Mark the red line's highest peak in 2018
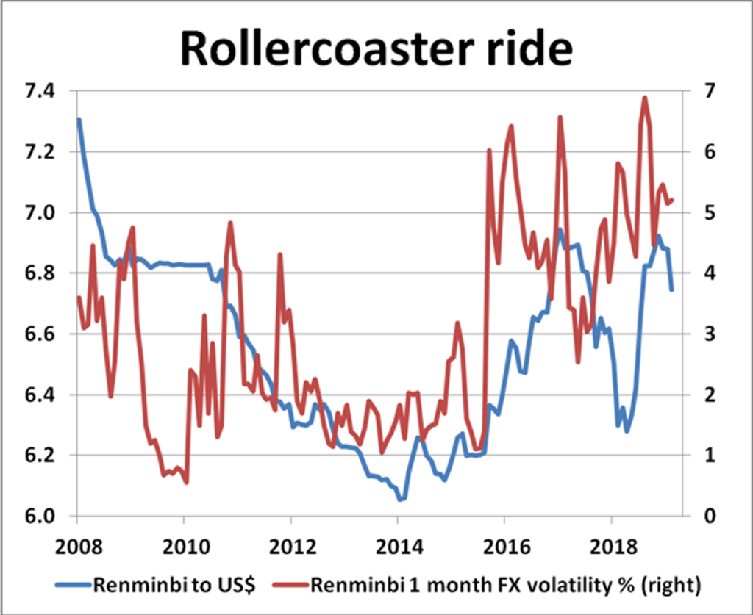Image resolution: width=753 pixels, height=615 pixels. click(645, 97)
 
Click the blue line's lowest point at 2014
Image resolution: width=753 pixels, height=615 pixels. click(401, 500)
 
